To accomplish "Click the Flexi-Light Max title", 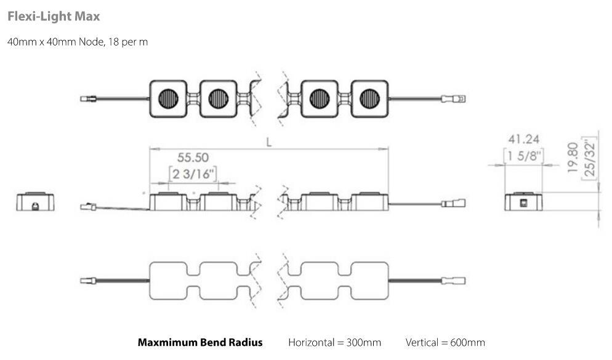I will point(54,17).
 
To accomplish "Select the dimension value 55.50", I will point(191,158).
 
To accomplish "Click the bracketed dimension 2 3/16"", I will point(193,174).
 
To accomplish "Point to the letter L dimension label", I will point(269,141).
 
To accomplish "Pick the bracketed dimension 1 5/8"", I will point(524,156).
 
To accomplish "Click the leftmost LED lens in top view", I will point(169,98).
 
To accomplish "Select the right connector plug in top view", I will point(456,98).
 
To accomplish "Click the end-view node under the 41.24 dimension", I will point(524,201).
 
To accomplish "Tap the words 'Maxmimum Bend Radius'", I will point(200,342).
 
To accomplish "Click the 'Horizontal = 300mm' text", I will point(334,342).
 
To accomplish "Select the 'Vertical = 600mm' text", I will point(445,342).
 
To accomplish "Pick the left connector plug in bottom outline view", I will point(89,280).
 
